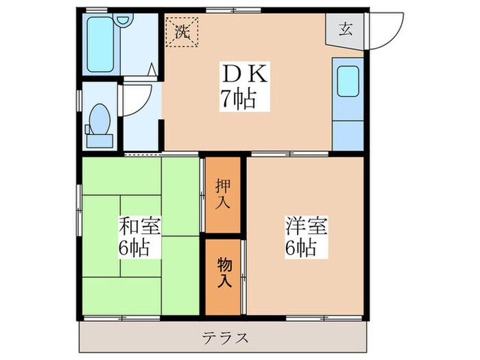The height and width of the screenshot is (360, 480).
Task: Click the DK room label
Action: tap(237, 73)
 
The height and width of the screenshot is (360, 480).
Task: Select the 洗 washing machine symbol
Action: tap(182, 32)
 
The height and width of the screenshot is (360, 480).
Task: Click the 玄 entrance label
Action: tap(346, 29)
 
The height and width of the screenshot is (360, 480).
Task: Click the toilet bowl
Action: tap(100, 119)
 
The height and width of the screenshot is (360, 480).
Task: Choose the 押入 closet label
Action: tap(223, 194)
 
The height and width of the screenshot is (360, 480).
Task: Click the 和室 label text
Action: tap(140, 227)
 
